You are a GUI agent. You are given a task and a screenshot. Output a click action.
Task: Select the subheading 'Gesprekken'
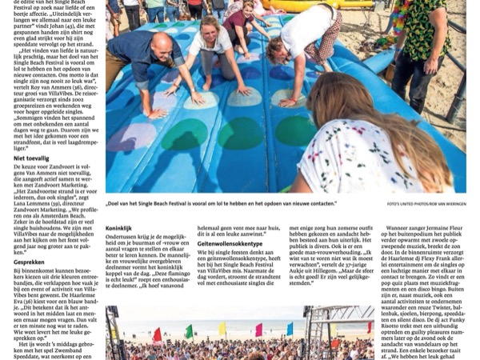click(29, 262)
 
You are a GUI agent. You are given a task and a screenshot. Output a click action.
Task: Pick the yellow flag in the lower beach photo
click(222, 329)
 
